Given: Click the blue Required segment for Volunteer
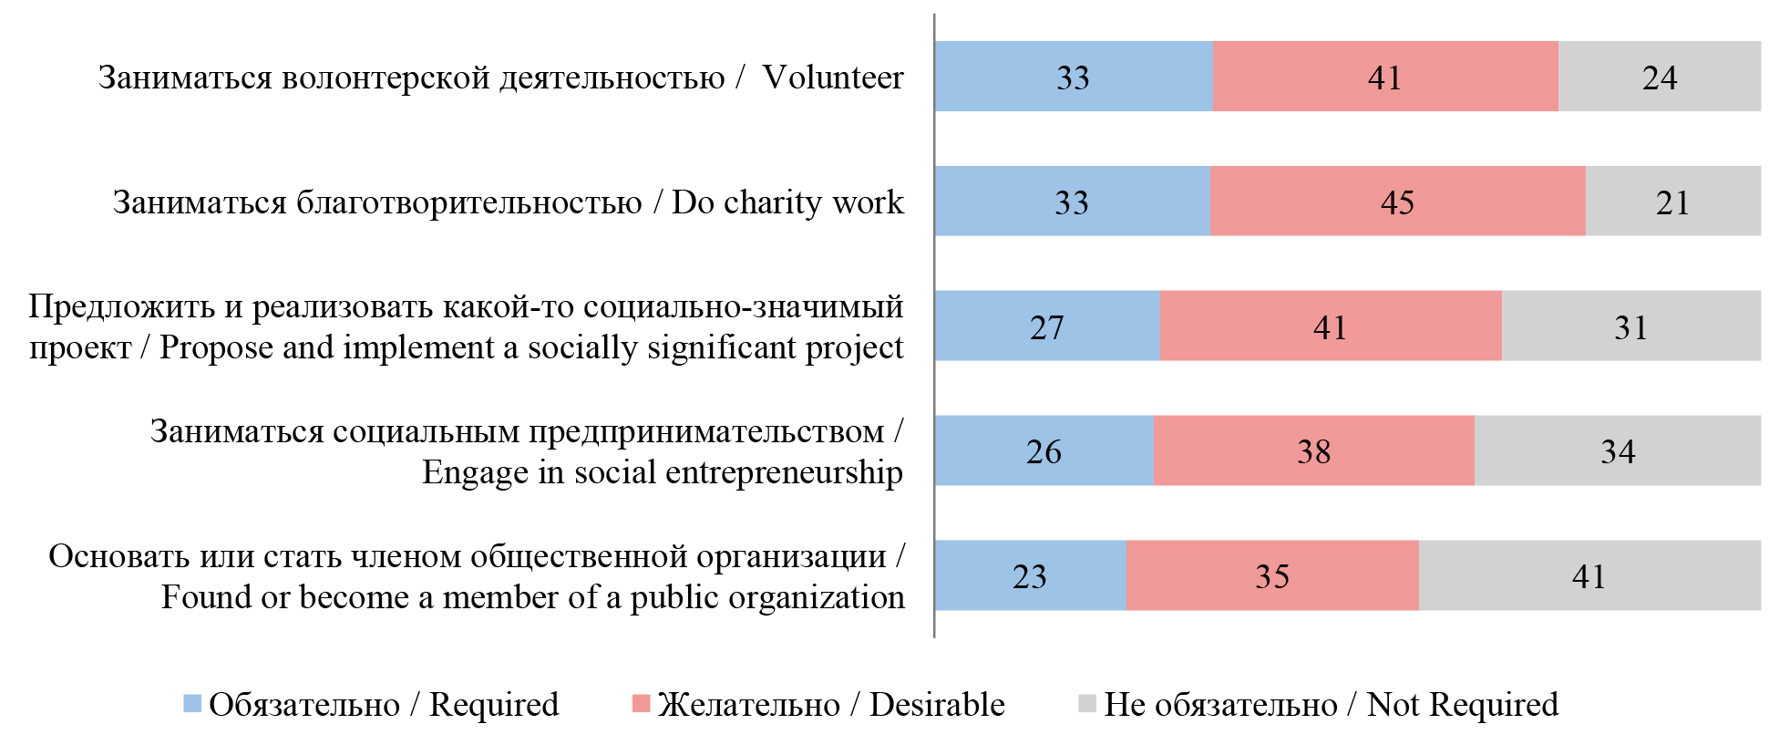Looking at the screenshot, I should click(x=1074, y=77).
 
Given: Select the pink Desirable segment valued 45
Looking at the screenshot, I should click(x=1397, y=202).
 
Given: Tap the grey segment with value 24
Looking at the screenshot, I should click(x=1659, y=77).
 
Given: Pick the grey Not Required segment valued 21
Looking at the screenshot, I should click(x=1672, y=202).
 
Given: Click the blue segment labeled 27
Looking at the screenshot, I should click(x=1047, y=326).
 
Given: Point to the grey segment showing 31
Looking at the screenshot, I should click(x=1630, y=326).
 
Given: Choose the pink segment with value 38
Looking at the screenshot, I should click(x=1313, y=450).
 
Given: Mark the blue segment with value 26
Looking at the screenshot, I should click(x=1044, y=450).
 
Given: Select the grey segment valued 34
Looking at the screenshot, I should click(x=1617, y=450).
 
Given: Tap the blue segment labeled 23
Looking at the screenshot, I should click(x=1030, y=575).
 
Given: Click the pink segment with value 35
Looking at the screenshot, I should click(x=1271, y=575).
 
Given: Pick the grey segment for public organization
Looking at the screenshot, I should click(x=1589, y=575).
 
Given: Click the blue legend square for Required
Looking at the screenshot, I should click(x=192, y=704).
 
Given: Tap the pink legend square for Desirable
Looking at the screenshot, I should click(x=641, y=704).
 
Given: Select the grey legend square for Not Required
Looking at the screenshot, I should click(x=1086, y=704).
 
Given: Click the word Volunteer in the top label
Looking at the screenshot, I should click(x=832, y=78).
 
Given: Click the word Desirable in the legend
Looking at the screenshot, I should click(x=936, y=705).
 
